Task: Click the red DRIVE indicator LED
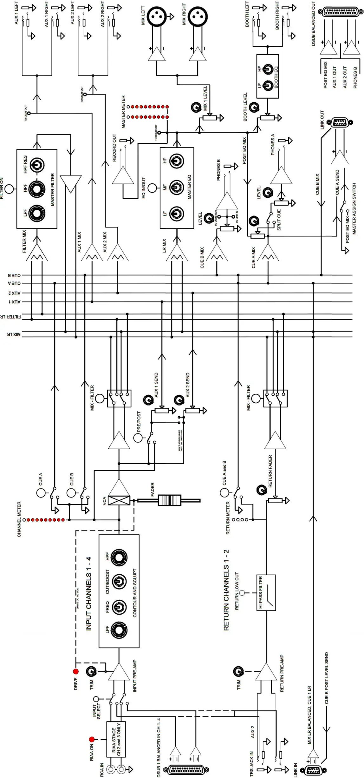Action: [x=76, y=672]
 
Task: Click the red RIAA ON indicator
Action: [x=92, y=739]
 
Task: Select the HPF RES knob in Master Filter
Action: [x=37, y=165]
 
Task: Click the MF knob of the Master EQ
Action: [x=177, y=188]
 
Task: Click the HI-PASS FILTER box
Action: [x=266, y=593]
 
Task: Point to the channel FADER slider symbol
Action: [x=169, y=500]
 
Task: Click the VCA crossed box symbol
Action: [x=119, y=500]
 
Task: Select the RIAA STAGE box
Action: [x=116, y=739]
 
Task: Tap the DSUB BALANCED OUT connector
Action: [x=341, y=12]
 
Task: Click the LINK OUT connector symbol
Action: [x=340, y=122]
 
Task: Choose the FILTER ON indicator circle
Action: [x=9, y=189]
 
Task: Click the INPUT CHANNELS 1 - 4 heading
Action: [x=89, y=593]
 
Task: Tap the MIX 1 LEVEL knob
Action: [x=196, y=108]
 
